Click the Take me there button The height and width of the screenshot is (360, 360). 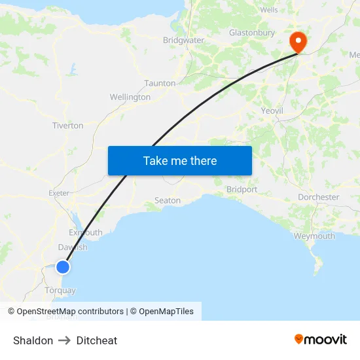[x=179, y=160]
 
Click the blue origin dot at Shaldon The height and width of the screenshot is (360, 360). [x=63, y=266]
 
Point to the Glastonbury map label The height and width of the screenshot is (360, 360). [x=251, y=33]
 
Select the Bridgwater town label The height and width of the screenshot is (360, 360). [x=183, y=41]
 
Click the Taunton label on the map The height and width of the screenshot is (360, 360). [x=160, y=83]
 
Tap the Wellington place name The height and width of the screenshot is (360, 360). [x=130, y=97]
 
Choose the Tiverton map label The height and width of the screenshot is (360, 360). [x=67, y=125]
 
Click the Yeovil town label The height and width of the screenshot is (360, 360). [x=272, y=111]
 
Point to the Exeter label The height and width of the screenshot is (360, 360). [x=59, y=193]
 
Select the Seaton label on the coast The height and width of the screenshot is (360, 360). [x=167, y=200]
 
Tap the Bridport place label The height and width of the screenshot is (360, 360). [x=242, y=189]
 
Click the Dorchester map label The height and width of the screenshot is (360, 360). [x=318, y=197]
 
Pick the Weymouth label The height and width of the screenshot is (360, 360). [x=314, y=236]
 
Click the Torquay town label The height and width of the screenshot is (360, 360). [x=60, y=290]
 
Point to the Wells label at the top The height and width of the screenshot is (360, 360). [x=269, y=10]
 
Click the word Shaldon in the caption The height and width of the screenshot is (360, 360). [x=33, y=340]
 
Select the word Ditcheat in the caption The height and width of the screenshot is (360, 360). [x=97, y=340]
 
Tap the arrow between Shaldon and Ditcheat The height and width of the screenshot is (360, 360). [x=65, y=340]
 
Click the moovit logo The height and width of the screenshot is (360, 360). [x=321, y=339]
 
